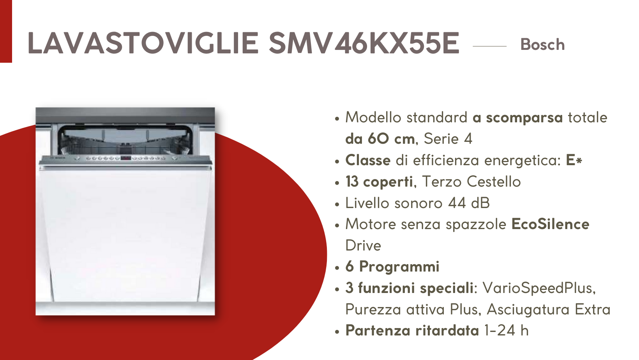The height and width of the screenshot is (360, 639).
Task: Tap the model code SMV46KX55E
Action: click(364, 43)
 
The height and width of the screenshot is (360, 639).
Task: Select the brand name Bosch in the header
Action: click(542, 44)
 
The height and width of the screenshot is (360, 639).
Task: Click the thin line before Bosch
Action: click(489, 46)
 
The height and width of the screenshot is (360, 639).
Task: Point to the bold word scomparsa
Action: click(524, 118)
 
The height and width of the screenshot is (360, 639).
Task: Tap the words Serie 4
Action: click(448, 139)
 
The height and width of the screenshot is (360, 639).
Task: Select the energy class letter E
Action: click(570, 160)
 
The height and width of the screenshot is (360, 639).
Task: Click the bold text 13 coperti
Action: click(379, 182)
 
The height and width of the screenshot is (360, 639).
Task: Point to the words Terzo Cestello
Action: click(471, 182)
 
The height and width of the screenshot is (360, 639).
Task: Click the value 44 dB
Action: click(469, 203)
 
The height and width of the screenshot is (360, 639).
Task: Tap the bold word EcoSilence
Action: click(550, 224)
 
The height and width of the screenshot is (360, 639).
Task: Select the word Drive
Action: click(363, 245)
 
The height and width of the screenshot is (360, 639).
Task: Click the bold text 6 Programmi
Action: click(392, 267)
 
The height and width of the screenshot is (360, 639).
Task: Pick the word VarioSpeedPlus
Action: click(539, 288)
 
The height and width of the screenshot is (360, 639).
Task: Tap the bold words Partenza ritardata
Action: click(412, 331)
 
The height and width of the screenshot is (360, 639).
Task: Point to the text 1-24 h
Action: click(507, 331)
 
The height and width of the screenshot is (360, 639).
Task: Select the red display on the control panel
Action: click(125, 158)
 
